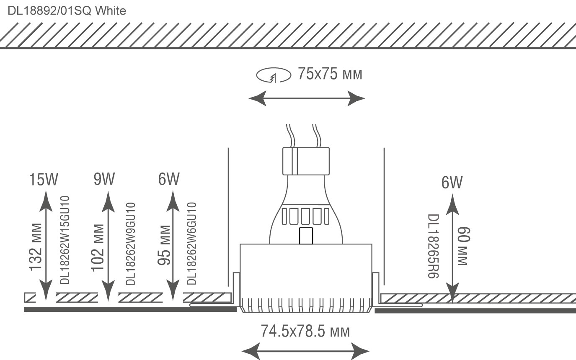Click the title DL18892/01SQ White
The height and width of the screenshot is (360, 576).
[67, 10]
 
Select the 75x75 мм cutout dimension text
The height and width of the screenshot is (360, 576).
[330, 75]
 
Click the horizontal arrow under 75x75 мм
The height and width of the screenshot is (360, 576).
[307, 99]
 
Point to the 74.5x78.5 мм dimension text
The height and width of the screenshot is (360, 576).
[305, 332]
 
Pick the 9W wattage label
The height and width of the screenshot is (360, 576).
[104, 179]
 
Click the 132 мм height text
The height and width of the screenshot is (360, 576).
[36, 247]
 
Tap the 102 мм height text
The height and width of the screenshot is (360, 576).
[98, 247]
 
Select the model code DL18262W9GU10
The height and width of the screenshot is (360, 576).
[130, 244]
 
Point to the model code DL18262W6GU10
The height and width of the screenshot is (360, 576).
[191, 243]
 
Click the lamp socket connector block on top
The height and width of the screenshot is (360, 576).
[306, 161]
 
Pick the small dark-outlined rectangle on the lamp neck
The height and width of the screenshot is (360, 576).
[307, 236]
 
